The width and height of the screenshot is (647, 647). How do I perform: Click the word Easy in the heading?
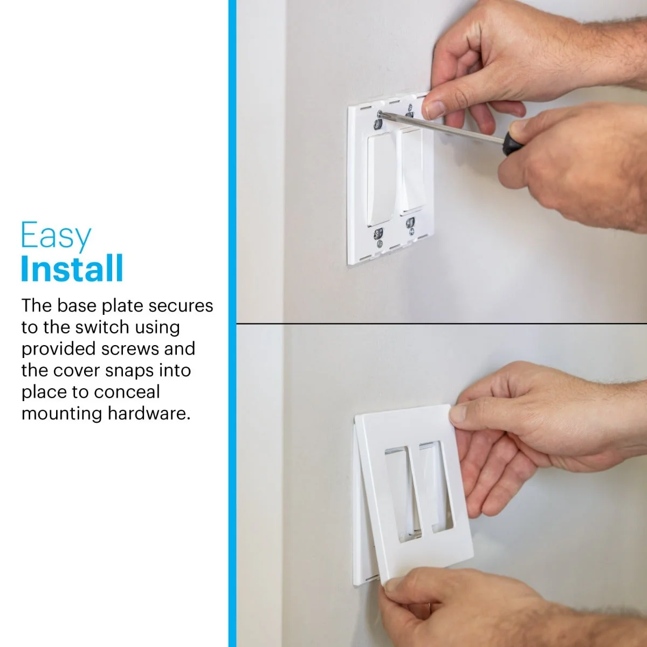click(56, 236)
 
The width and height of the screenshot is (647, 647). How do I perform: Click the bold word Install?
click(72, 269)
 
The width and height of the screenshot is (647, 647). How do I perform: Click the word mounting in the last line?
click(62, 414)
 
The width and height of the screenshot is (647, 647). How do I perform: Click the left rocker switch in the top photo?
click(381, 180)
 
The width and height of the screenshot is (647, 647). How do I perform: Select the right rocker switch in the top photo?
click(411, 169)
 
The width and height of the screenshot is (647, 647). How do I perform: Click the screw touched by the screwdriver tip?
click(380, 114)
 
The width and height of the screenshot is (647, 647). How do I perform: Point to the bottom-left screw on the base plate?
click(379, 243)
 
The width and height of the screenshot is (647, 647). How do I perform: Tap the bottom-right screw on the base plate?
click(411, 231)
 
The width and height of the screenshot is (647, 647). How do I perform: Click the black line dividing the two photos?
click(442, 323)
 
